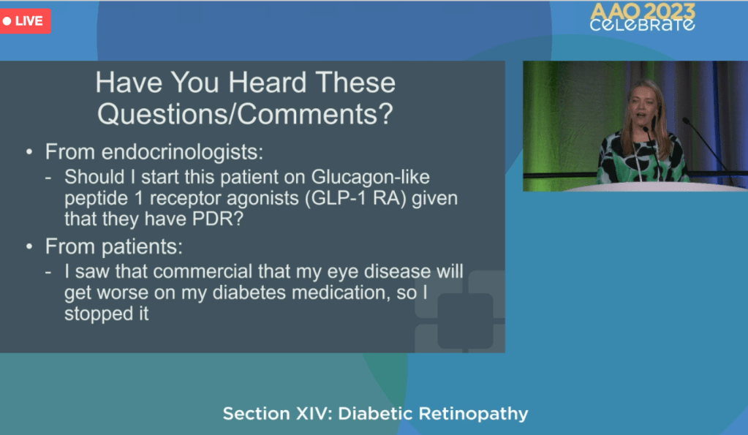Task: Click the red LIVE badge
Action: click(26, 21)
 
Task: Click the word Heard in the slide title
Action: click(267, 83)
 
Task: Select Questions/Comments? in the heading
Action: click(245, 114)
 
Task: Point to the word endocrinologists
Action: click(182, 151)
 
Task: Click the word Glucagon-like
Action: click(370, 177)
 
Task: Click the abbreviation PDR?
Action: click(218, 219)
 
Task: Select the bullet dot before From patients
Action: click(29, 246)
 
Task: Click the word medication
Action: click(341, 292)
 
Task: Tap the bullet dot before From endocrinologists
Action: click(29, 152)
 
